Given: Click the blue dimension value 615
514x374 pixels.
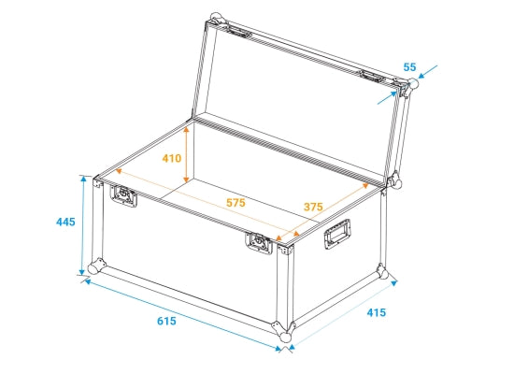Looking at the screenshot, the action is (x=166, y=321).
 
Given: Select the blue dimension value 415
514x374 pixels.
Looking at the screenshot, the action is (x=377, y=312).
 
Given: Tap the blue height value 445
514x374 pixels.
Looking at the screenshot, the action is (x=65, y=222).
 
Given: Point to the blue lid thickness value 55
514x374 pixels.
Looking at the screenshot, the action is (x=409, y=67).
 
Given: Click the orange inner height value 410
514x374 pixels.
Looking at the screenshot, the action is (x=171, y=158).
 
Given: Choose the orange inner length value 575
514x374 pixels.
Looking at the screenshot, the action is (x=236, y=202).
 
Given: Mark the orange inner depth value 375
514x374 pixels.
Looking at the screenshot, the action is (x=313, y=207).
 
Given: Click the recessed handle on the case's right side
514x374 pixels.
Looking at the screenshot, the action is (x=337, y=235).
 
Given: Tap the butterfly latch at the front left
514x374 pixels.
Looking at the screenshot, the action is (x=123, y=195).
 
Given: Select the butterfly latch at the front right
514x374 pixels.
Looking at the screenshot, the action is (x=259, y=243).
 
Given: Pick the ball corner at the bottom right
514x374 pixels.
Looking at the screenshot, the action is (x=382, y=272).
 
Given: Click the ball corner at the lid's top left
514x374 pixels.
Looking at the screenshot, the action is (x=217, y=19).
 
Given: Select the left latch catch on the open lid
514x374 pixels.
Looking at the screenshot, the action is (x=238, y=32).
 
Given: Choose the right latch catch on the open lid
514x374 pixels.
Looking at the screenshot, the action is (x=372, y=77).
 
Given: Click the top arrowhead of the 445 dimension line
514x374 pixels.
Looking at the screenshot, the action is (x=83, y=179).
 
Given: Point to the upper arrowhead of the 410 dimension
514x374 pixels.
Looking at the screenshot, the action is (x=186, y=130).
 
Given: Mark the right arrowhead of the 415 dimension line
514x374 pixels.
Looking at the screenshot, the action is (x=394, y=283).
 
